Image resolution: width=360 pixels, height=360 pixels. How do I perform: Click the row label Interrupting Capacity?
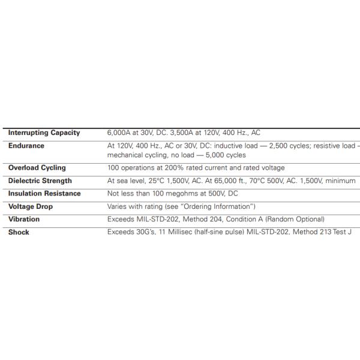(x=44, y=133)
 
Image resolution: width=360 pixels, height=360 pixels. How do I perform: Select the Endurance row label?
(x=26, y=146)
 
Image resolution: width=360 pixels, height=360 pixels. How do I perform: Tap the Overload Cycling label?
(x=37, y=168)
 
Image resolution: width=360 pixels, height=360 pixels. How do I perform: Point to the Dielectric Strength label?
(x=40, y=181)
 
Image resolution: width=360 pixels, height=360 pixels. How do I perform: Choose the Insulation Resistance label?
(x=44, y=194)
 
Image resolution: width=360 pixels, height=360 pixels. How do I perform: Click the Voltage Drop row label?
(x=31, y=206)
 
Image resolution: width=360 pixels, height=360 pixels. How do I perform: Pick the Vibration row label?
(x=24, y=220)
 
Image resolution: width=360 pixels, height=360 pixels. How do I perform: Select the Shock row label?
(x=19, y=232)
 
